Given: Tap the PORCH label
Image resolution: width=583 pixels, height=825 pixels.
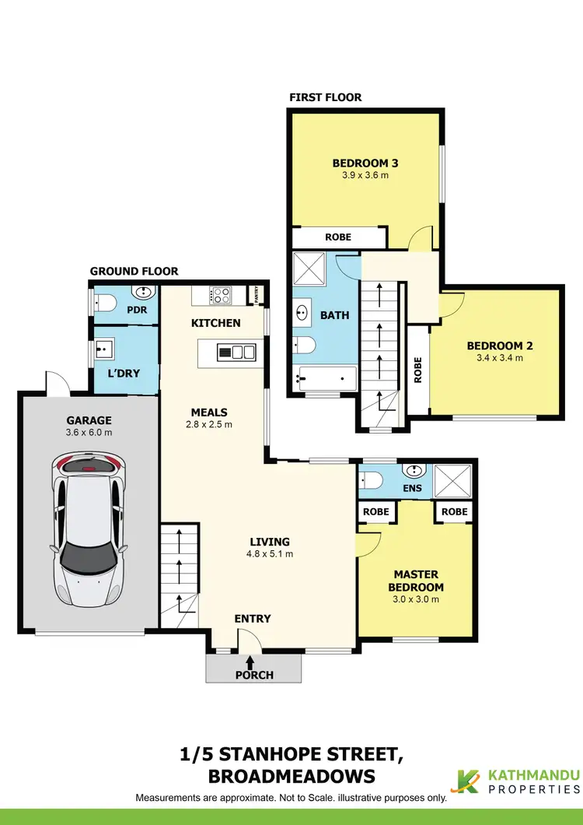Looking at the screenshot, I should [254, 675].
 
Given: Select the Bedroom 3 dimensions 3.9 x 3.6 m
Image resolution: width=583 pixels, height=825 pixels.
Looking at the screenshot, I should [365, 176].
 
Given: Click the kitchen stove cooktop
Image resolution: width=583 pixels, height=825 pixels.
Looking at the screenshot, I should [221, 295].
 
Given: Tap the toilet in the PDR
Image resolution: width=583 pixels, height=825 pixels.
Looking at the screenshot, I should [103, 302].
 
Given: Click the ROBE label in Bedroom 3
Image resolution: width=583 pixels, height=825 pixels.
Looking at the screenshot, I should [337, 237].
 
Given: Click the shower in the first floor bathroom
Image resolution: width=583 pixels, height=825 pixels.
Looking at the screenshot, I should [309, 270].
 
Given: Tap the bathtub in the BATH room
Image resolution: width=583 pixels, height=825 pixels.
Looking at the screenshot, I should [326, 381].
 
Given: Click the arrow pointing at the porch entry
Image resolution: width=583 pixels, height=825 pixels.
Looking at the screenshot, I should [250, 662].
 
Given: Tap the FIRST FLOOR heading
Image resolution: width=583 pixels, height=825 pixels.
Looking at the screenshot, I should [325, 97].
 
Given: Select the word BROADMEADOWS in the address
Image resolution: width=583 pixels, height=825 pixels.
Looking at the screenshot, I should [291, 776].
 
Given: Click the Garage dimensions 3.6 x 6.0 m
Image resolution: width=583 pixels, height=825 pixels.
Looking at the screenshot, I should [89, 432].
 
